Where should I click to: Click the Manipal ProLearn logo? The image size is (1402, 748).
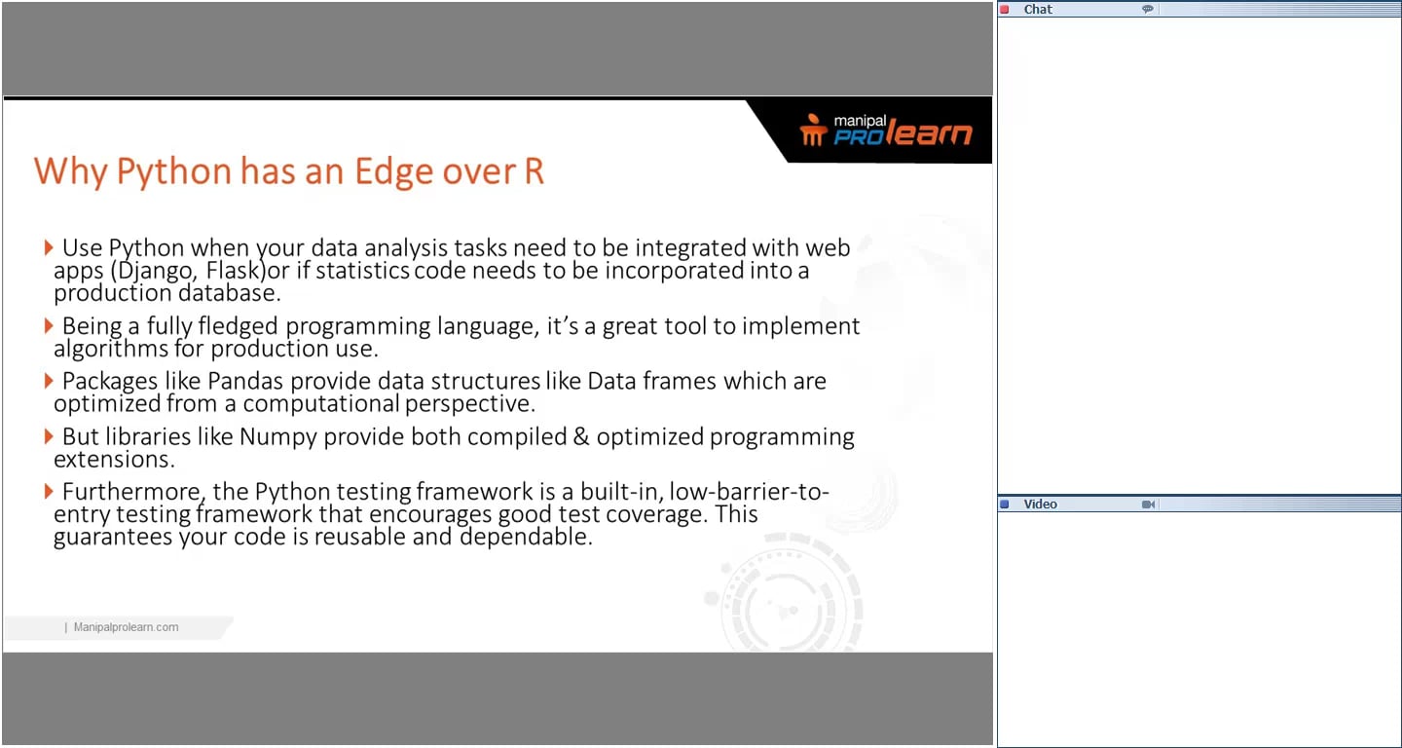[885, 131]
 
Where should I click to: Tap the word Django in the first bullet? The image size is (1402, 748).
[154, 270]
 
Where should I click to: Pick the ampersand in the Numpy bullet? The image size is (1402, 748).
[581, 436]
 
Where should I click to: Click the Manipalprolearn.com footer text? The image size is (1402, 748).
[127, 627]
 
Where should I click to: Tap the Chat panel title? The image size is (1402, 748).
[1038, 10]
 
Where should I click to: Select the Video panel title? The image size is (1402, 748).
[1040, 505]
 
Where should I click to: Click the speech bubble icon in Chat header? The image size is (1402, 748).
[1148, 10]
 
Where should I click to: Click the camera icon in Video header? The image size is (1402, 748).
[1149, 505]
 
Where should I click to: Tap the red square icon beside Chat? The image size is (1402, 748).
[1005, 10]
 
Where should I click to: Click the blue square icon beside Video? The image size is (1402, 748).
[1005, 505]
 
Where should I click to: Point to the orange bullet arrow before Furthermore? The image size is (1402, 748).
[49, 491]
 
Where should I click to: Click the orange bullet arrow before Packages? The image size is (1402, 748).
[49, 381]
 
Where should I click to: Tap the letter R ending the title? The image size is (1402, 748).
[534, 171]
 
